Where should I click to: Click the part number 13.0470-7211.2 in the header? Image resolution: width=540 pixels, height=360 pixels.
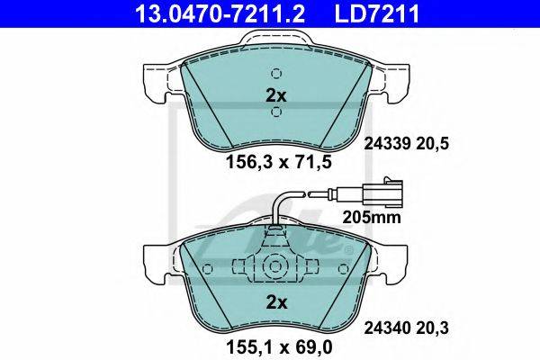pos(220,13)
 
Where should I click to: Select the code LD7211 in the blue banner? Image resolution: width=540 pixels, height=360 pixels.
pos(377,13)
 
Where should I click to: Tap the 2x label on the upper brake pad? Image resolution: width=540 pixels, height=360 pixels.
pos(276,96)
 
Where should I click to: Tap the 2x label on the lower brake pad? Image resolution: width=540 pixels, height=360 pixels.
pos(276,302)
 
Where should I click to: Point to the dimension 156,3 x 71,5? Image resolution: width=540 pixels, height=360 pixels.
pos(279,162)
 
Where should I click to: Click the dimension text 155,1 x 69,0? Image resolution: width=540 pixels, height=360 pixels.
pos(279,347)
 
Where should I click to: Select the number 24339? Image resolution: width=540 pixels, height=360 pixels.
pos(388,143)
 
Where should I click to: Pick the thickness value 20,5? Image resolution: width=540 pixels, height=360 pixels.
pos(433,144)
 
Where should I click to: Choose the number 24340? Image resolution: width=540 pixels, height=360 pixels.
pos(388,328)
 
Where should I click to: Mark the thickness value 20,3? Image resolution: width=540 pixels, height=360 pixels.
pos(433,328)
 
